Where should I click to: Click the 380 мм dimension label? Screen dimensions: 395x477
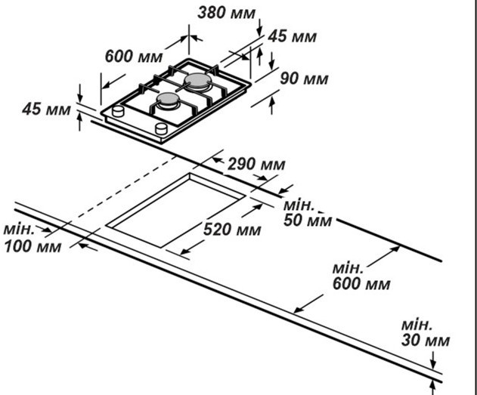coord(227,12)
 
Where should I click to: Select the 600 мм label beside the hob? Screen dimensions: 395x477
coord(134,57)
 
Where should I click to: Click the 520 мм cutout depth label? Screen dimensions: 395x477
coord(232,229)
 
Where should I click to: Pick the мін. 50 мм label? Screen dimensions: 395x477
coord(307,213)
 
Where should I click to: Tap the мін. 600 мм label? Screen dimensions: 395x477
coord(361,276)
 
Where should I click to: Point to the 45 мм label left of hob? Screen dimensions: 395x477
coord(46,110)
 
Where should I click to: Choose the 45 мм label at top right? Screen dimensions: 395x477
coord(292,36)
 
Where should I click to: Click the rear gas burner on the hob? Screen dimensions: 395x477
coord(199,79)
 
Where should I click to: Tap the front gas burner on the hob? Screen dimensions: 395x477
coord(168,100)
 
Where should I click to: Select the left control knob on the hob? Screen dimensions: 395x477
coord(117,112)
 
